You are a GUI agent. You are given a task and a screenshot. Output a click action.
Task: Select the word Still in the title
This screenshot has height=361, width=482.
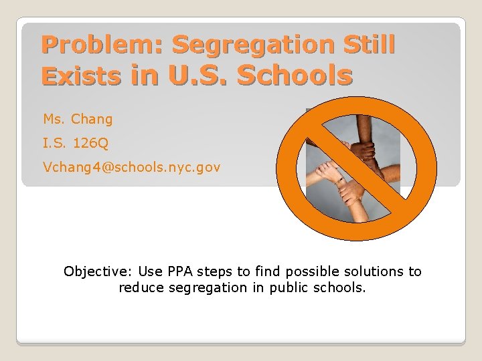[x=368, y=45]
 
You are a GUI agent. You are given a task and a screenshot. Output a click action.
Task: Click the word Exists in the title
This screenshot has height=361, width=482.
[x=80, y=76]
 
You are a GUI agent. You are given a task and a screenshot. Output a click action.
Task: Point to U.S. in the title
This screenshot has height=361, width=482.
[x=199, y=76]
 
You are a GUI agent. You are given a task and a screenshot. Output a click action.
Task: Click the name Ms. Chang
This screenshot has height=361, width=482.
[x=78, y=120]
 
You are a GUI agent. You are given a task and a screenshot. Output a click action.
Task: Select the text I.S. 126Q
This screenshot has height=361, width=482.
[x=75, y=143]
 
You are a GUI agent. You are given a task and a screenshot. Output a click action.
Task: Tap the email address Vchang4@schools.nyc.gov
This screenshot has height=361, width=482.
[x=131, y=166]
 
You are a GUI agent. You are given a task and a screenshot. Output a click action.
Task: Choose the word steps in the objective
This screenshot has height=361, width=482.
[x=216, y=271]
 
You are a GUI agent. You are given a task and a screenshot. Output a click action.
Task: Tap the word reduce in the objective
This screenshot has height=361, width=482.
[x=141, y=288]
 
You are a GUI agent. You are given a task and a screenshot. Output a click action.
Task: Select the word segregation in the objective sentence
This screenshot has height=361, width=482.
[x=208, y=288]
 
